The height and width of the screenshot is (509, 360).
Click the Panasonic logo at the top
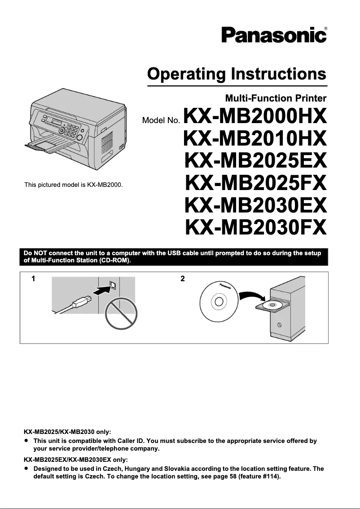coord(273,35)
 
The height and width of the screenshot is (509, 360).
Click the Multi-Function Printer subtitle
coord(276,98)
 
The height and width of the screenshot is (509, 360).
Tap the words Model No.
coord(161,120)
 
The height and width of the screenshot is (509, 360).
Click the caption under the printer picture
coord(74,185)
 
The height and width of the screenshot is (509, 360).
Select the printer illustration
coord(74,130)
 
